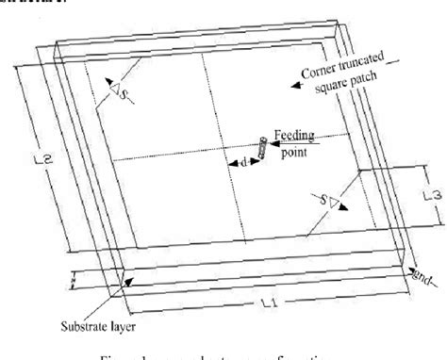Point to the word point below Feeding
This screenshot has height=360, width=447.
300,151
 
